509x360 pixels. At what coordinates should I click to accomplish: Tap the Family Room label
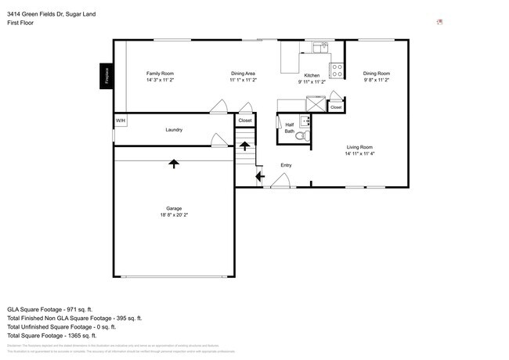[160, 74]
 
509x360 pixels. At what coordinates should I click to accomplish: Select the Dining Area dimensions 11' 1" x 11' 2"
[243, 81]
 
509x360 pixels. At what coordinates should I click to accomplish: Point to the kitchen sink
[319, 48]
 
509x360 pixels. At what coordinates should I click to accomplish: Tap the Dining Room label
[376, 74]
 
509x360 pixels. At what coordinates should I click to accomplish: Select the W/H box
[121, 121]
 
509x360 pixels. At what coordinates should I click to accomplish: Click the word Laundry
[174, 130]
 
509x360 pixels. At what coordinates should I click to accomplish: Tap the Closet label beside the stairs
[245, 121]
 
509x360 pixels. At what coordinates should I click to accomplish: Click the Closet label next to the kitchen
[336, 107]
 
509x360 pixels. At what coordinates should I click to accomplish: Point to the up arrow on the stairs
[244, 146]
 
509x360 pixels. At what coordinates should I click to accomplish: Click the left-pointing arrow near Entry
[258, 176]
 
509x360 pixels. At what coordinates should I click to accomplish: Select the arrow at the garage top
[173, 163]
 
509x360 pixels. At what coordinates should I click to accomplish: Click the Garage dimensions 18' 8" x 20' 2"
[174, 215]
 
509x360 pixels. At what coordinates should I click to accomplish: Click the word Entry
[286, 165]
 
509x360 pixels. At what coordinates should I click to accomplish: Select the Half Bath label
[289, 128]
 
